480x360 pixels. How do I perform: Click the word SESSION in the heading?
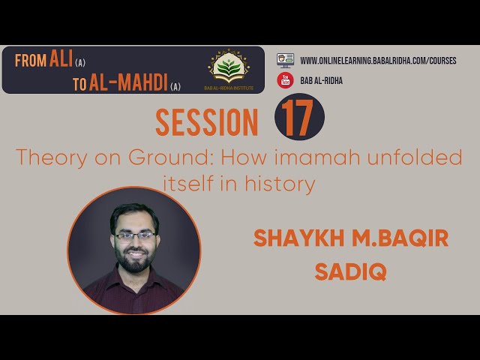(207, 122)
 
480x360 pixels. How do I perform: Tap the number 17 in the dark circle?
(298, 118)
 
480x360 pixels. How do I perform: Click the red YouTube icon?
(285, 80)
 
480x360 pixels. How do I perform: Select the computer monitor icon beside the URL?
(285, 60)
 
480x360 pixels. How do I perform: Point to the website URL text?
(378, 61)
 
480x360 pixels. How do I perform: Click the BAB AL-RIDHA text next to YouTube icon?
(322, 80)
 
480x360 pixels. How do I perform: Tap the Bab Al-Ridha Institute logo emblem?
(229, 67)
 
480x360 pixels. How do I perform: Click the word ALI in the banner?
(61, 58)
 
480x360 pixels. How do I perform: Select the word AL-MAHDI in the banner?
(128, 82)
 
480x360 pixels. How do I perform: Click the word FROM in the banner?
(31, 61)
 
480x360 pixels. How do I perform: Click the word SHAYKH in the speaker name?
(298, 238)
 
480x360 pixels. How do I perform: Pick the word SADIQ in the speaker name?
(350, 271)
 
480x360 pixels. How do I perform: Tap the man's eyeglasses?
(134, 236)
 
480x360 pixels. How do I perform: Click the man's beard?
(135, 259)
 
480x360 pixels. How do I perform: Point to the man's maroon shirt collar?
(134, 277)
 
